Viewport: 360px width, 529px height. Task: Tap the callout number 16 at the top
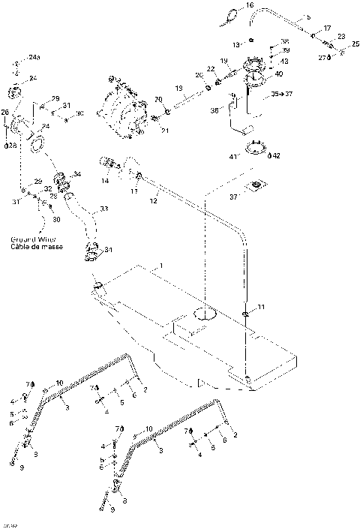[250, 6]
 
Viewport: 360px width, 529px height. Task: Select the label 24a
[34, 57]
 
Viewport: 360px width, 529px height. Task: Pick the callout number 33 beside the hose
[103, 209]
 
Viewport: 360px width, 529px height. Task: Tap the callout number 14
[105, 182]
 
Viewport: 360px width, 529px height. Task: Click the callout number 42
[277, 156]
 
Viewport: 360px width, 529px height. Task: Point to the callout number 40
[279, 74]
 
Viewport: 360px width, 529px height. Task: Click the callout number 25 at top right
[355, 44]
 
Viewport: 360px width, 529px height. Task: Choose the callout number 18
[179, 89]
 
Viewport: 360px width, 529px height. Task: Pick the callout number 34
[76, 175]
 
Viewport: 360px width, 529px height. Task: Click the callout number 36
[215, 110]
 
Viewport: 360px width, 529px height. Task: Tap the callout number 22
[211, 69]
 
